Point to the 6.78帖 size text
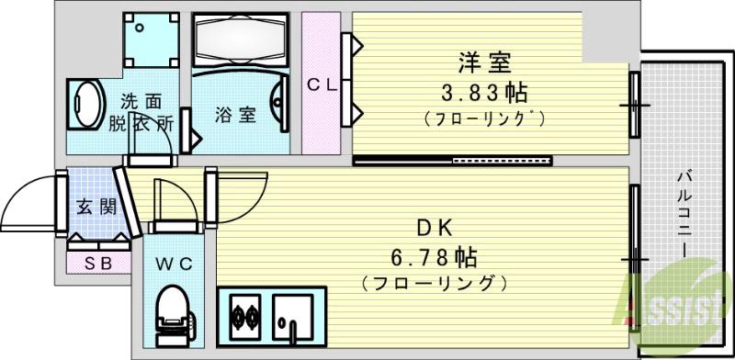435,256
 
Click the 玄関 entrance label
96,206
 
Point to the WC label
175,264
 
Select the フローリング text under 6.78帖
435,281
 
